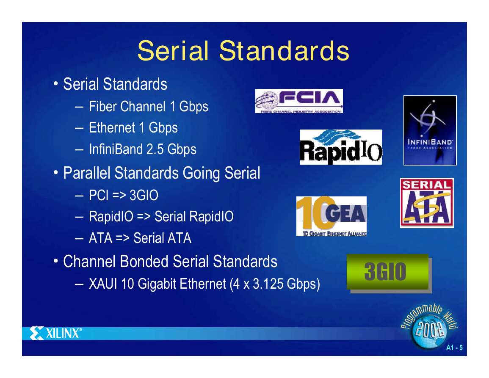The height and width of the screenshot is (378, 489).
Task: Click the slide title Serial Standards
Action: coord(243,50)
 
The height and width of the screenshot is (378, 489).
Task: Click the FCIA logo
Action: coord(299,101)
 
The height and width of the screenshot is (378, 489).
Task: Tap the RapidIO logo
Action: coord(341,147)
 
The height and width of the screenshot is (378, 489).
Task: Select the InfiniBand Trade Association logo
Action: coord(430,130)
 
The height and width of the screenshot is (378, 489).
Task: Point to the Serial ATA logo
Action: coord(427,203)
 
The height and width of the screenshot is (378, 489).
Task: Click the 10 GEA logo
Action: coord(332,216)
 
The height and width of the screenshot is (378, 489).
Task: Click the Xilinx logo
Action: coord(55,333)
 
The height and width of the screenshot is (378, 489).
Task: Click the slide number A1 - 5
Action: coord(454,348)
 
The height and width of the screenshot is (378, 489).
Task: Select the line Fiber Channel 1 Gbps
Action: coord(149,107)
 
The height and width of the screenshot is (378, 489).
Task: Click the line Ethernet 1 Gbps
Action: coord(133,128)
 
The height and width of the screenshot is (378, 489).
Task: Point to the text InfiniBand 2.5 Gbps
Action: coord(143,149)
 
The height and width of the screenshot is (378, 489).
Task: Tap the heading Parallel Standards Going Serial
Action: coord(162,173)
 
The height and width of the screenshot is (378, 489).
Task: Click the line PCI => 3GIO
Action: coord(124,196)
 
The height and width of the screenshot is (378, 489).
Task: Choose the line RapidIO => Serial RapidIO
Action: coord(161,216)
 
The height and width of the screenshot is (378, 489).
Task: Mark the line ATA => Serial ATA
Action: coord(140,238)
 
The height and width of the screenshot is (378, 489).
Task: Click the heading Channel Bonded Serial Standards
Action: coord(170,261)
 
